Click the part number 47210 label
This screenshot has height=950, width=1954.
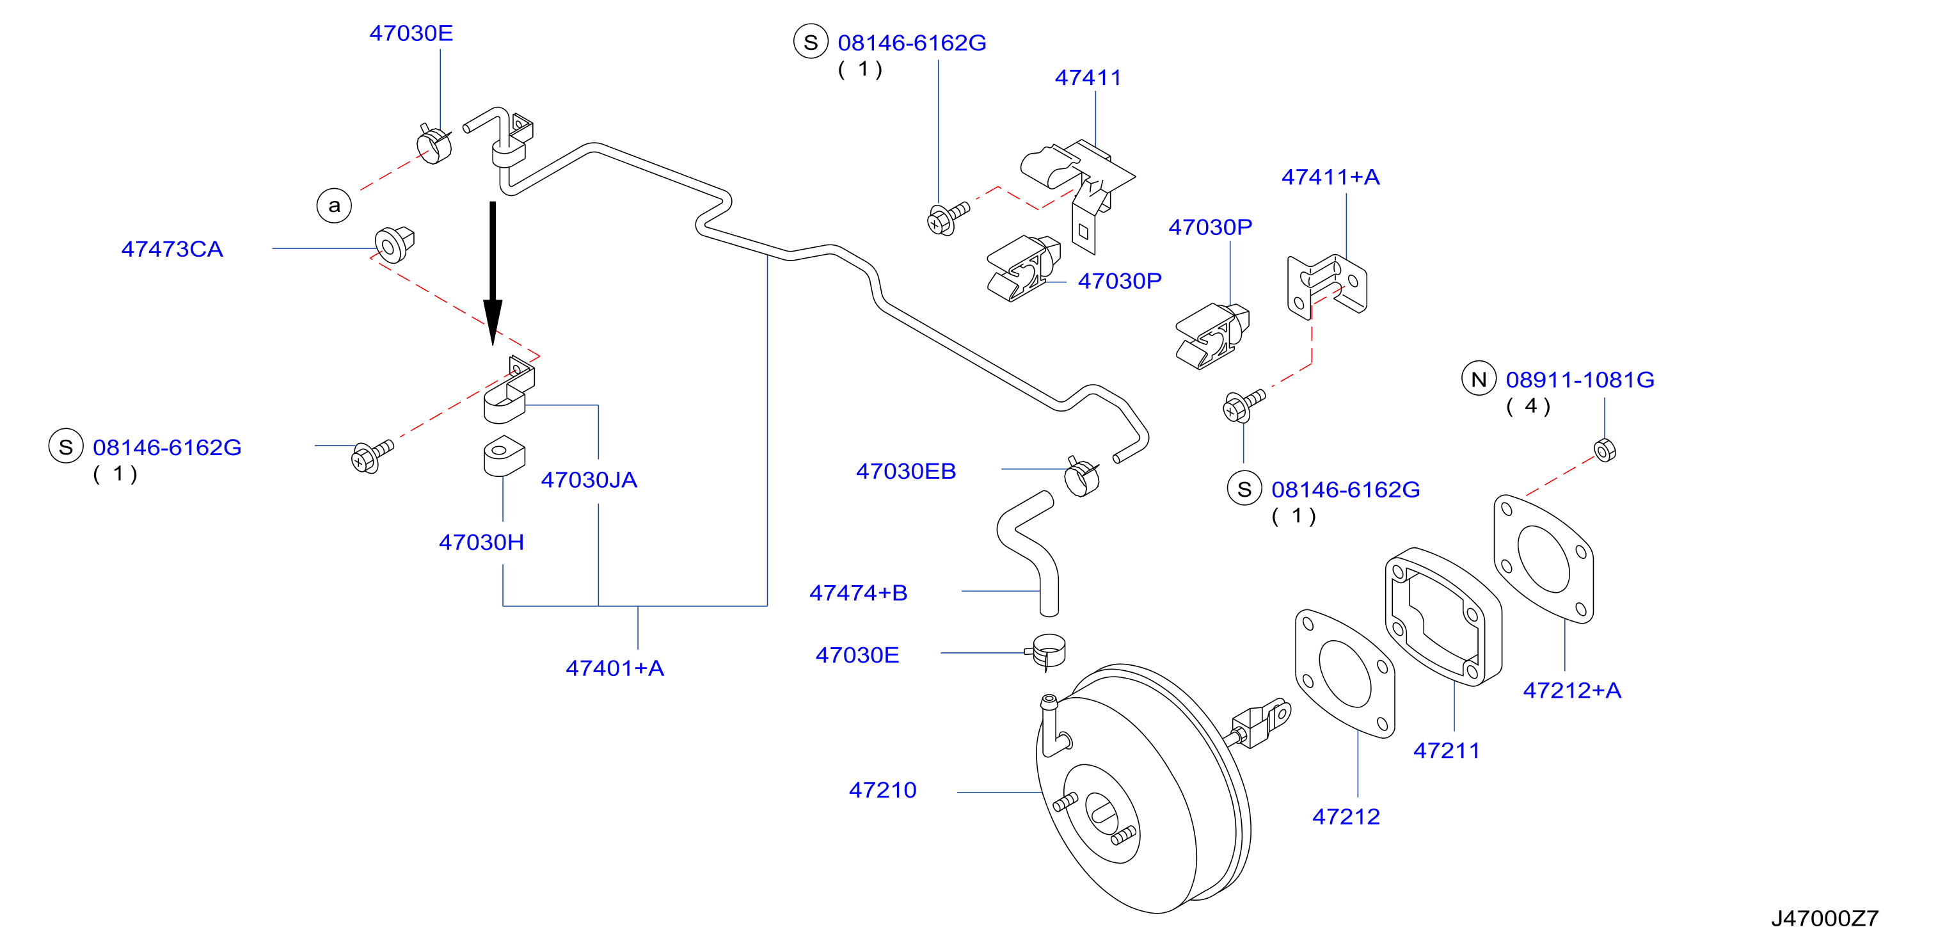[x=882, y=790]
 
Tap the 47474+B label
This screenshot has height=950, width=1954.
[x=858, y=593]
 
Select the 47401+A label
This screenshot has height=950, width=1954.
[x=614, y=668]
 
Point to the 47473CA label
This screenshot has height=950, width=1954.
[x=172, y=249]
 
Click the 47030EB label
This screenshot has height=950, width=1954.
[x=906, y=471]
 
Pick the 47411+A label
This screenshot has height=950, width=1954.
[x=1330, y=177]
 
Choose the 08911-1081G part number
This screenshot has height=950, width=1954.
[x=1580, y=380]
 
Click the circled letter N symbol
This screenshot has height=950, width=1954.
[x=1479, y=378]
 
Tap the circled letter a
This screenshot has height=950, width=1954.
[x=334, y=205]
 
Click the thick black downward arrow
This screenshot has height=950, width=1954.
[x=493, y=273]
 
